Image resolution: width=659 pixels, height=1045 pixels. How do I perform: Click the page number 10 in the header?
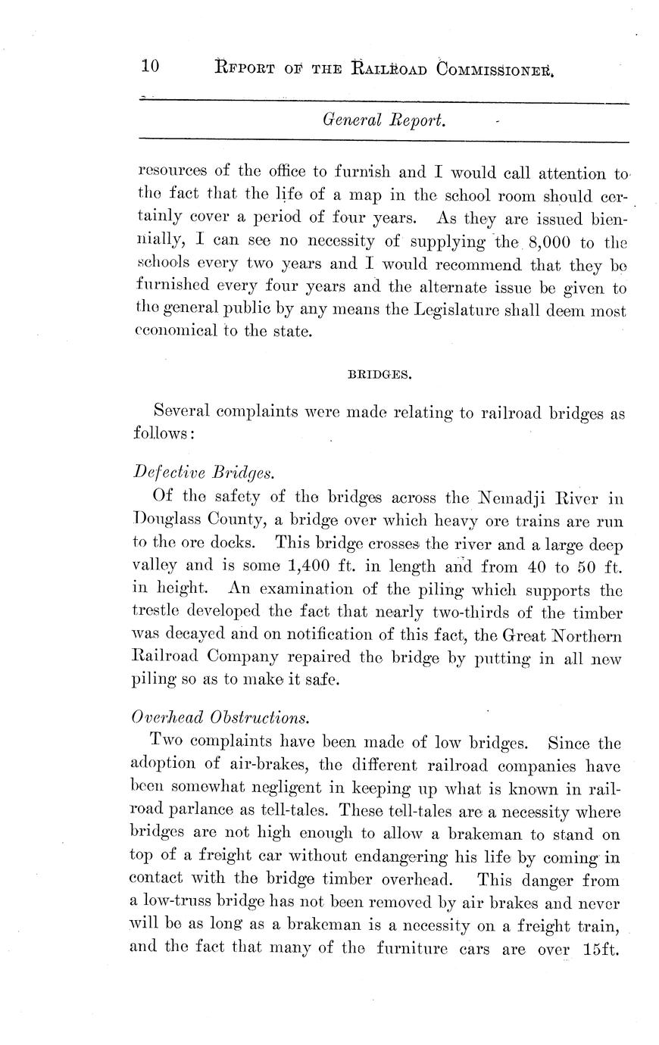coord(149,66)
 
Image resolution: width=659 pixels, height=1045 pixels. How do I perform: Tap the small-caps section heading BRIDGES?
coord(379,374)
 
